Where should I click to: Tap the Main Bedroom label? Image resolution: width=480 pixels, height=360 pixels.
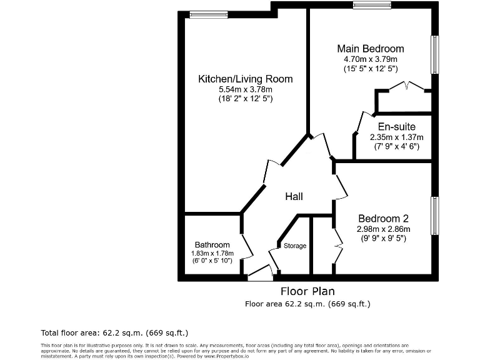(370, 49)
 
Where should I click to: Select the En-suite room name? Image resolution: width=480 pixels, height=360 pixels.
(396, 127)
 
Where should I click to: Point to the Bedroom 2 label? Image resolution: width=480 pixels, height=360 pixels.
(383, 218)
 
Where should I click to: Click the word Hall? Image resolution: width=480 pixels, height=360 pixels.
(294, 196)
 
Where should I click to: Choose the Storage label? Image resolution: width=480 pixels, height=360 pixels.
(295, 246)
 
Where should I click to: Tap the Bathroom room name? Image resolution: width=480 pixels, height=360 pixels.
(212, 244)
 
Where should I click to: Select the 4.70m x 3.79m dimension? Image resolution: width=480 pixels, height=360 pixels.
(370, 59)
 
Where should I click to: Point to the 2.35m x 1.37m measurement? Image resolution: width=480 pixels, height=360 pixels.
(396, 137)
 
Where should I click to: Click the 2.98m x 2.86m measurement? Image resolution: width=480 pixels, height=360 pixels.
(383, 228)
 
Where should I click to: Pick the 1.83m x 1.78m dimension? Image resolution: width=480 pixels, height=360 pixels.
(212, 252)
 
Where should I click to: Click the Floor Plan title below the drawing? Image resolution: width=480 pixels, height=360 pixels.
(307, 291)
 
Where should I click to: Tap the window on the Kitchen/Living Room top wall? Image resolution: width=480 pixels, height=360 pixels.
(199, 15)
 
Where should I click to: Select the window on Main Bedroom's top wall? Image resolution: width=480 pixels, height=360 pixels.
(372, 6)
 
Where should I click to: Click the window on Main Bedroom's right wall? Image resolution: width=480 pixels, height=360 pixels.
(434, 54)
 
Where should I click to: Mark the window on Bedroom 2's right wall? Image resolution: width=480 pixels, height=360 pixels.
(434, 216)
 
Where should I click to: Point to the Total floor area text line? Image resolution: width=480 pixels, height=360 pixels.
(114, 332)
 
